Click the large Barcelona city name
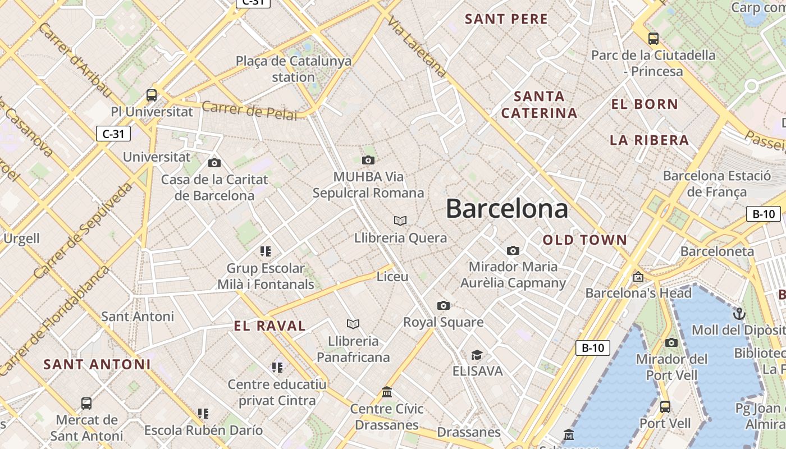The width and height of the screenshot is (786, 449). [506, 209]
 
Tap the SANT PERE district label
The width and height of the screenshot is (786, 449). [506, 19]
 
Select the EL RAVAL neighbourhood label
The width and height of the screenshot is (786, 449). [270, 326]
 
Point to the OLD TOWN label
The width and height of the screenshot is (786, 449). [584, 240]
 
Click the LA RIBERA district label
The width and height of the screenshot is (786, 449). [649, 140]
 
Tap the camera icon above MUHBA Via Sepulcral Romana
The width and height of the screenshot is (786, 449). [368, 161]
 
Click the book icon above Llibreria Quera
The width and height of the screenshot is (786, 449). [400, 221]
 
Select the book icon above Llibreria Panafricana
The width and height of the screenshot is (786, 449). [353, 324]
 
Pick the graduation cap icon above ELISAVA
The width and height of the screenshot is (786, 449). [477, 355]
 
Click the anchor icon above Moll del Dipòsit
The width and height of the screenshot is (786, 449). [739, 313]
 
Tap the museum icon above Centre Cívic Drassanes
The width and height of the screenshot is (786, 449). [387, 392]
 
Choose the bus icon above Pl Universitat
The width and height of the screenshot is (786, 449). [152, 95]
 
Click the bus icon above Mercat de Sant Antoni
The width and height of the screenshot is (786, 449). [86, 403]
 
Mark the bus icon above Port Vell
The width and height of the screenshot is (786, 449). [665, 406]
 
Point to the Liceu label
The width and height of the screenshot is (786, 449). [392, 277]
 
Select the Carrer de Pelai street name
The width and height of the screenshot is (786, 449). [249, 111]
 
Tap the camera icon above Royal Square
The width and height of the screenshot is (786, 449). [444, 305]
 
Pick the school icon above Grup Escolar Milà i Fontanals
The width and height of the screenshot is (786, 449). [266, 251]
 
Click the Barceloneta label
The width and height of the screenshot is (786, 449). [717, 251]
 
